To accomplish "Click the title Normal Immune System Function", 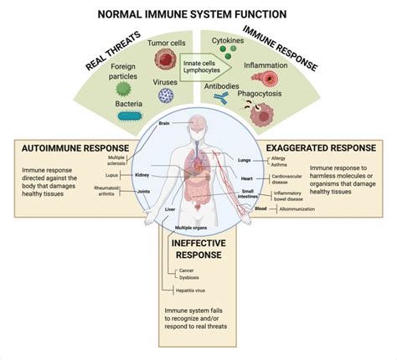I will tap(198, 13).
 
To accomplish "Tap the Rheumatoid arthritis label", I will tap(105, 191).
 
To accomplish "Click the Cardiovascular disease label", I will tap(287, 180).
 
